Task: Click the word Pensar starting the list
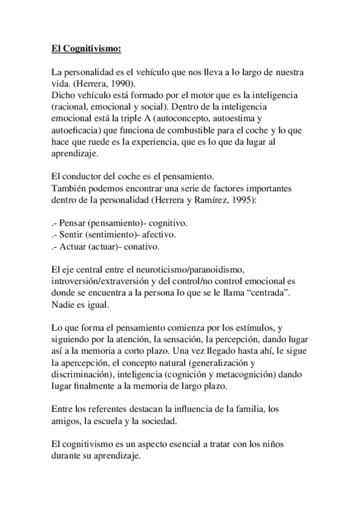click(72, 223)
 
